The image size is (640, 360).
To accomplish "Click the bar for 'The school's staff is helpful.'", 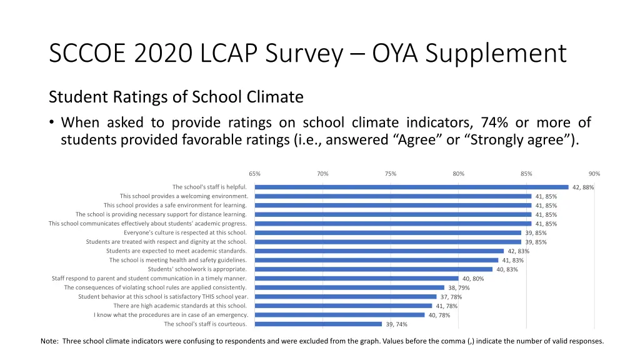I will tap(411, 187).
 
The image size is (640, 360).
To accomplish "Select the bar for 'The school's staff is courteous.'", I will tap(318, 324).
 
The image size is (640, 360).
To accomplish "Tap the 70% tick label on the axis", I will tap(322, 174).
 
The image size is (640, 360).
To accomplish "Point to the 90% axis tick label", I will tap(594, 174).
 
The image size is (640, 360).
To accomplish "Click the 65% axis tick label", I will tap(254, 174).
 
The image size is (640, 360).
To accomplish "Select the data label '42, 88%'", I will tap(583, 187).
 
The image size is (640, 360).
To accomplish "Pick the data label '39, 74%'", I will tap(396, 324).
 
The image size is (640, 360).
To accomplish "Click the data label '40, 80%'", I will tap(473, 279).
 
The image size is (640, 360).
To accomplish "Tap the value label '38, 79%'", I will tap(459, 288).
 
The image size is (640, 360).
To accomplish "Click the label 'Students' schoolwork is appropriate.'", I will tap(197, 269).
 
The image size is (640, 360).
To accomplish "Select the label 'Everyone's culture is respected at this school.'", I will tap(185, 232).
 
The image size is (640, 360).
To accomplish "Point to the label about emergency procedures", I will tap(171, 315).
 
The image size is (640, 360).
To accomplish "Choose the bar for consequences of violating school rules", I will tap(349, 287).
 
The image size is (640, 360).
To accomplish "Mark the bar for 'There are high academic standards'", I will tap(343, 306).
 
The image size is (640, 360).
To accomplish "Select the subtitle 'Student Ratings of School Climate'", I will tap(176, 97).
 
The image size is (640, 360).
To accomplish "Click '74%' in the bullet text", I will tap(496, 122).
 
